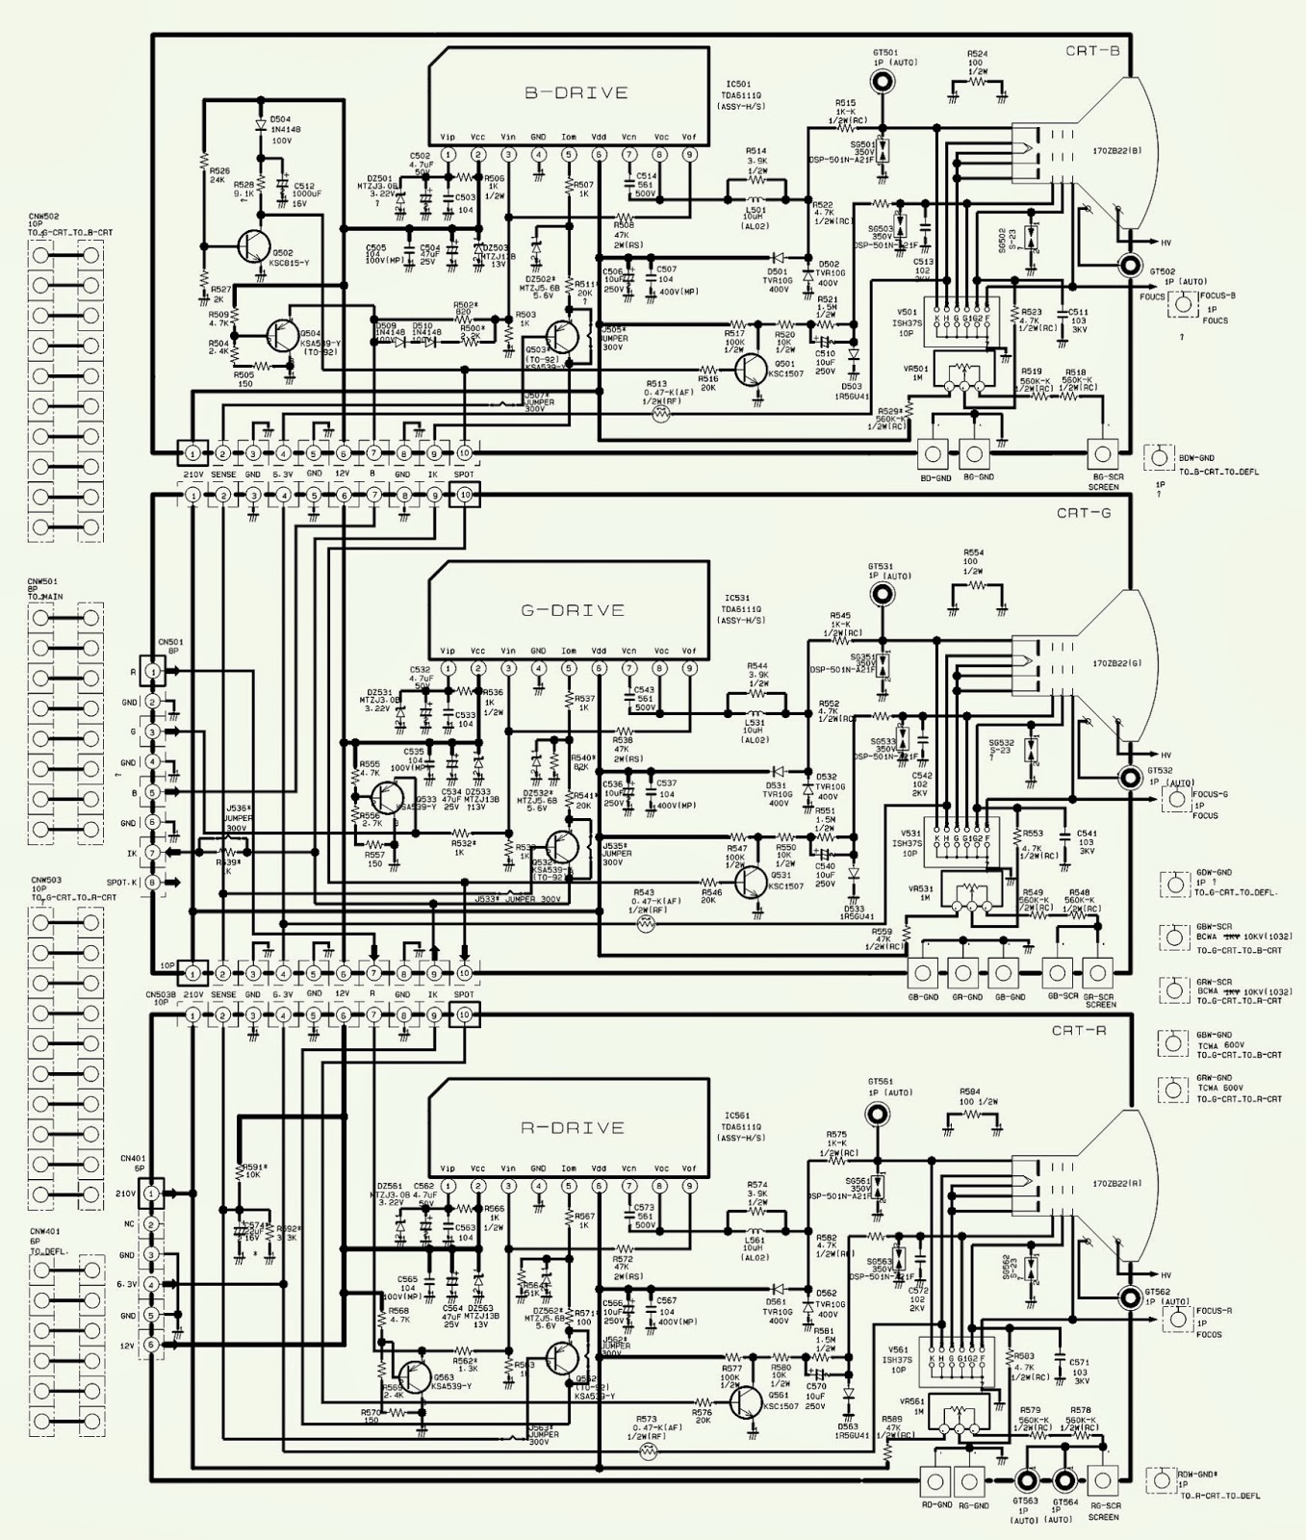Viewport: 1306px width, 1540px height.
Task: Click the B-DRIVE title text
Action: (576, 93)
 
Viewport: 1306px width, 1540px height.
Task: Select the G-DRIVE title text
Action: (574, 610)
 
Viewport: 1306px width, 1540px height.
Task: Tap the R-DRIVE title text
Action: (574, 1127)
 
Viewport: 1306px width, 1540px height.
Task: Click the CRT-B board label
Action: (1092, 50)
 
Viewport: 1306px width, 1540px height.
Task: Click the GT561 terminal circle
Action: (878, 1114)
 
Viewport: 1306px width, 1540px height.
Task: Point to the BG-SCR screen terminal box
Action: (1102, 452)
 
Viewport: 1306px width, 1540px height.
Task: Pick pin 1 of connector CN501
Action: (151, 671)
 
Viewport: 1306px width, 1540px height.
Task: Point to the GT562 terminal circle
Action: (1128, 1294)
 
